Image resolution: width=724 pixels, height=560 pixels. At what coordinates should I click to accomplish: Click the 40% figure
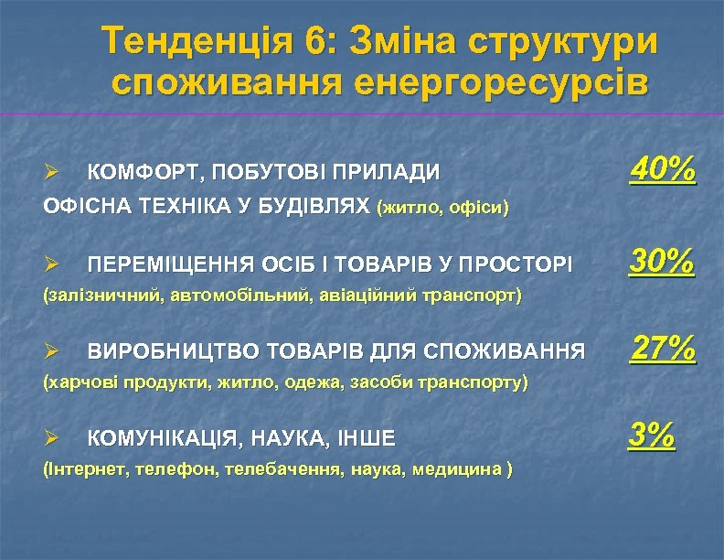(663, 168)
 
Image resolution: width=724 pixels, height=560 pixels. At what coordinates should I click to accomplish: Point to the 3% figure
(653, 435)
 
